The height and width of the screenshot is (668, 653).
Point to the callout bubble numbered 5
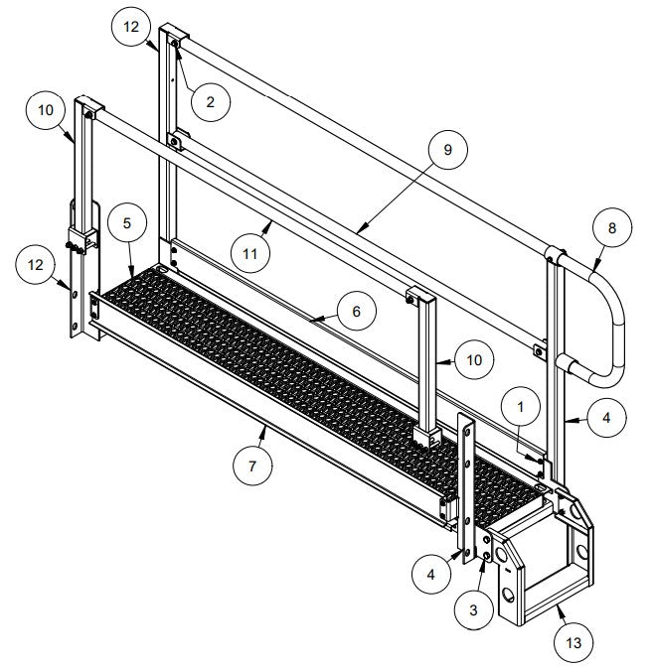coord(127,222)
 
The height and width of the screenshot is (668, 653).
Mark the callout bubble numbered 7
coord(253,465)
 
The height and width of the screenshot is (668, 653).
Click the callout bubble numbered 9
coord(446,150)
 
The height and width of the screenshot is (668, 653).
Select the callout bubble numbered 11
coord(249,254)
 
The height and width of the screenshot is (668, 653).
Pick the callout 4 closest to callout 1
coord(604,418)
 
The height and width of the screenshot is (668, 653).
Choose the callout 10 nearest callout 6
coord(473,358)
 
